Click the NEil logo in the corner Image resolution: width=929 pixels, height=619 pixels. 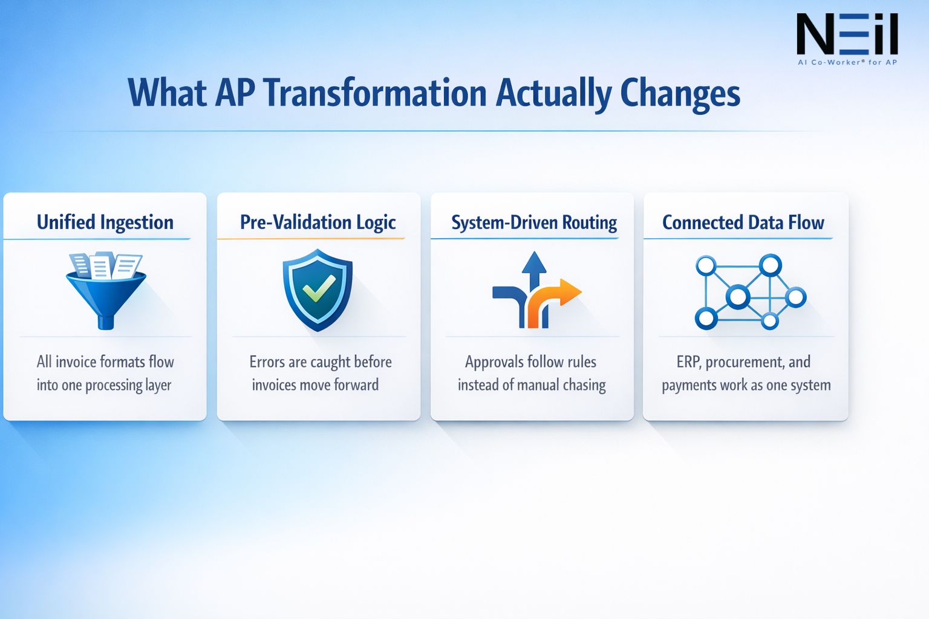tap(847, 35)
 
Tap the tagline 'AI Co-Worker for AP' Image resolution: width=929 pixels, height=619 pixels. tap(847, 62)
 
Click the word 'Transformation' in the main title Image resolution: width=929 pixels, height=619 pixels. tap(374, 93)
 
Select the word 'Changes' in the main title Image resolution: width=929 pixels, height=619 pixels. tap(680, 93)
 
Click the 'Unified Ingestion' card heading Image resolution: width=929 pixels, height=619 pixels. tap(105, 222)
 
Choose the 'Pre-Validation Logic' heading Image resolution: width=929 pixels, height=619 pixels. tap(318, 222)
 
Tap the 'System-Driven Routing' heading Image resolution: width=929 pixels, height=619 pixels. tap(533, 222)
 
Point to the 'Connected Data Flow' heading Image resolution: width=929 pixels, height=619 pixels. tap(743, 222)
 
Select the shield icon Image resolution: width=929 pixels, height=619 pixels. tap(318, 290)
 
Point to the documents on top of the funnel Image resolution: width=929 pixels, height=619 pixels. tap(106, 265)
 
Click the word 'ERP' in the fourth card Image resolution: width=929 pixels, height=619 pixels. tap(688, 362)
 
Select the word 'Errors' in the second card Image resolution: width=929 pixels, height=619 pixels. tap(267, 362)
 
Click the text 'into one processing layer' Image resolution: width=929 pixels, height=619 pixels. tap(104, 385)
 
